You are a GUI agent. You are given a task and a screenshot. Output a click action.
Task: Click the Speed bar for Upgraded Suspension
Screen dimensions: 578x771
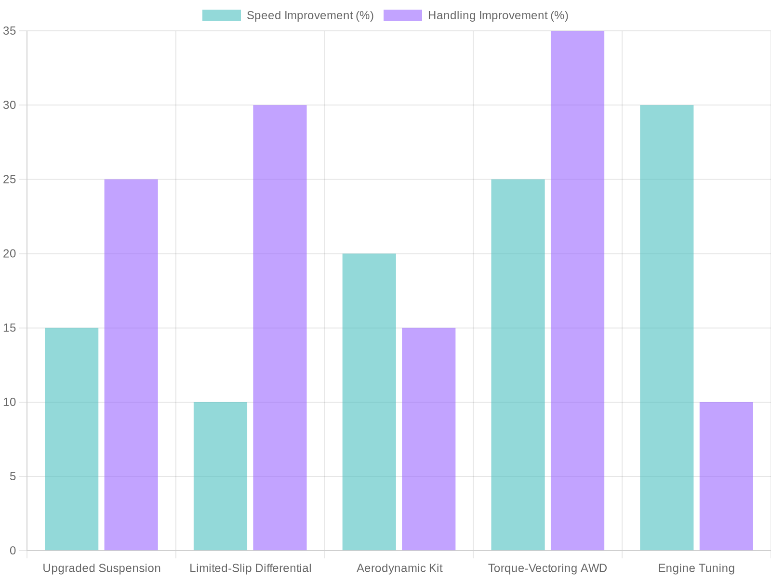point(71,439)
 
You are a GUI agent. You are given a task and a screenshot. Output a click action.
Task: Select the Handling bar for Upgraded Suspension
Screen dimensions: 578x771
point(131,365)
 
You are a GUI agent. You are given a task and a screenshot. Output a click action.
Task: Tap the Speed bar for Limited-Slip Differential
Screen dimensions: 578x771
point(220,476)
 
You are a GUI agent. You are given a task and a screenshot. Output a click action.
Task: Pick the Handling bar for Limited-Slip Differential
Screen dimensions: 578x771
point(279,328)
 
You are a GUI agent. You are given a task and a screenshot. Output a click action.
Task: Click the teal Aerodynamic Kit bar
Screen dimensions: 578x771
point(369,402)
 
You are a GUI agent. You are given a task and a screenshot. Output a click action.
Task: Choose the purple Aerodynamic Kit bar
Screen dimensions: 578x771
point(428,439)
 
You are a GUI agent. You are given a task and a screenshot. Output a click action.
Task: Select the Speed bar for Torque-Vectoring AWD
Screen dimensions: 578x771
point(518,365)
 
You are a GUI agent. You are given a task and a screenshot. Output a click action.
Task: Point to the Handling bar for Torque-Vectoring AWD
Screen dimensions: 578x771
point(577,290)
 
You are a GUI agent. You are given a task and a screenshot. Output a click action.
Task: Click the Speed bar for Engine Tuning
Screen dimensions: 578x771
point(666,328)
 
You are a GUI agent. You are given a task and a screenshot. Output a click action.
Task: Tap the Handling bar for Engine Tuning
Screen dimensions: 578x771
point(726,476)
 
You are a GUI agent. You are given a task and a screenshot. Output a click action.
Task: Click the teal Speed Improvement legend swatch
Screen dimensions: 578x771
point(221,15)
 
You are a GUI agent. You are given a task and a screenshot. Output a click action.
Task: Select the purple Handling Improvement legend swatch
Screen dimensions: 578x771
point(402,15)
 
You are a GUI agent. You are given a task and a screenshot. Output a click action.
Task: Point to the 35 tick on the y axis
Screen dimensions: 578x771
point(10,31)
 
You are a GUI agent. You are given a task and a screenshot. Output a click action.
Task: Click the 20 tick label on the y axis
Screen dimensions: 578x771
point(10,254)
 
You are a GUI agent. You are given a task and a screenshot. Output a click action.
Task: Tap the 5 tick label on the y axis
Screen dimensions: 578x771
point(13,476)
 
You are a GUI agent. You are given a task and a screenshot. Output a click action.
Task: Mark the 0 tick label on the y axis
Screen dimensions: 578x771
point(13,551)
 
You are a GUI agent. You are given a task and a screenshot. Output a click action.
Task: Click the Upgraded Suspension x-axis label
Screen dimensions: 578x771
point(102,568)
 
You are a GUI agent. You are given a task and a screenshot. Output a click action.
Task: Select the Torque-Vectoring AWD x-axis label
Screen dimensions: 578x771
point(547,568)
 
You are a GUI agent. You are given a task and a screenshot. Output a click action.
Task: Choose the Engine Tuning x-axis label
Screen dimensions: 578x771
point(696,568)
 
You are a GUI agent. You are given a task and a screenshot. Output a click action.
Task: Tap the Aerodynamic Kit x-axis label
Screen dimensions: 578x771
point(399,568)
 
